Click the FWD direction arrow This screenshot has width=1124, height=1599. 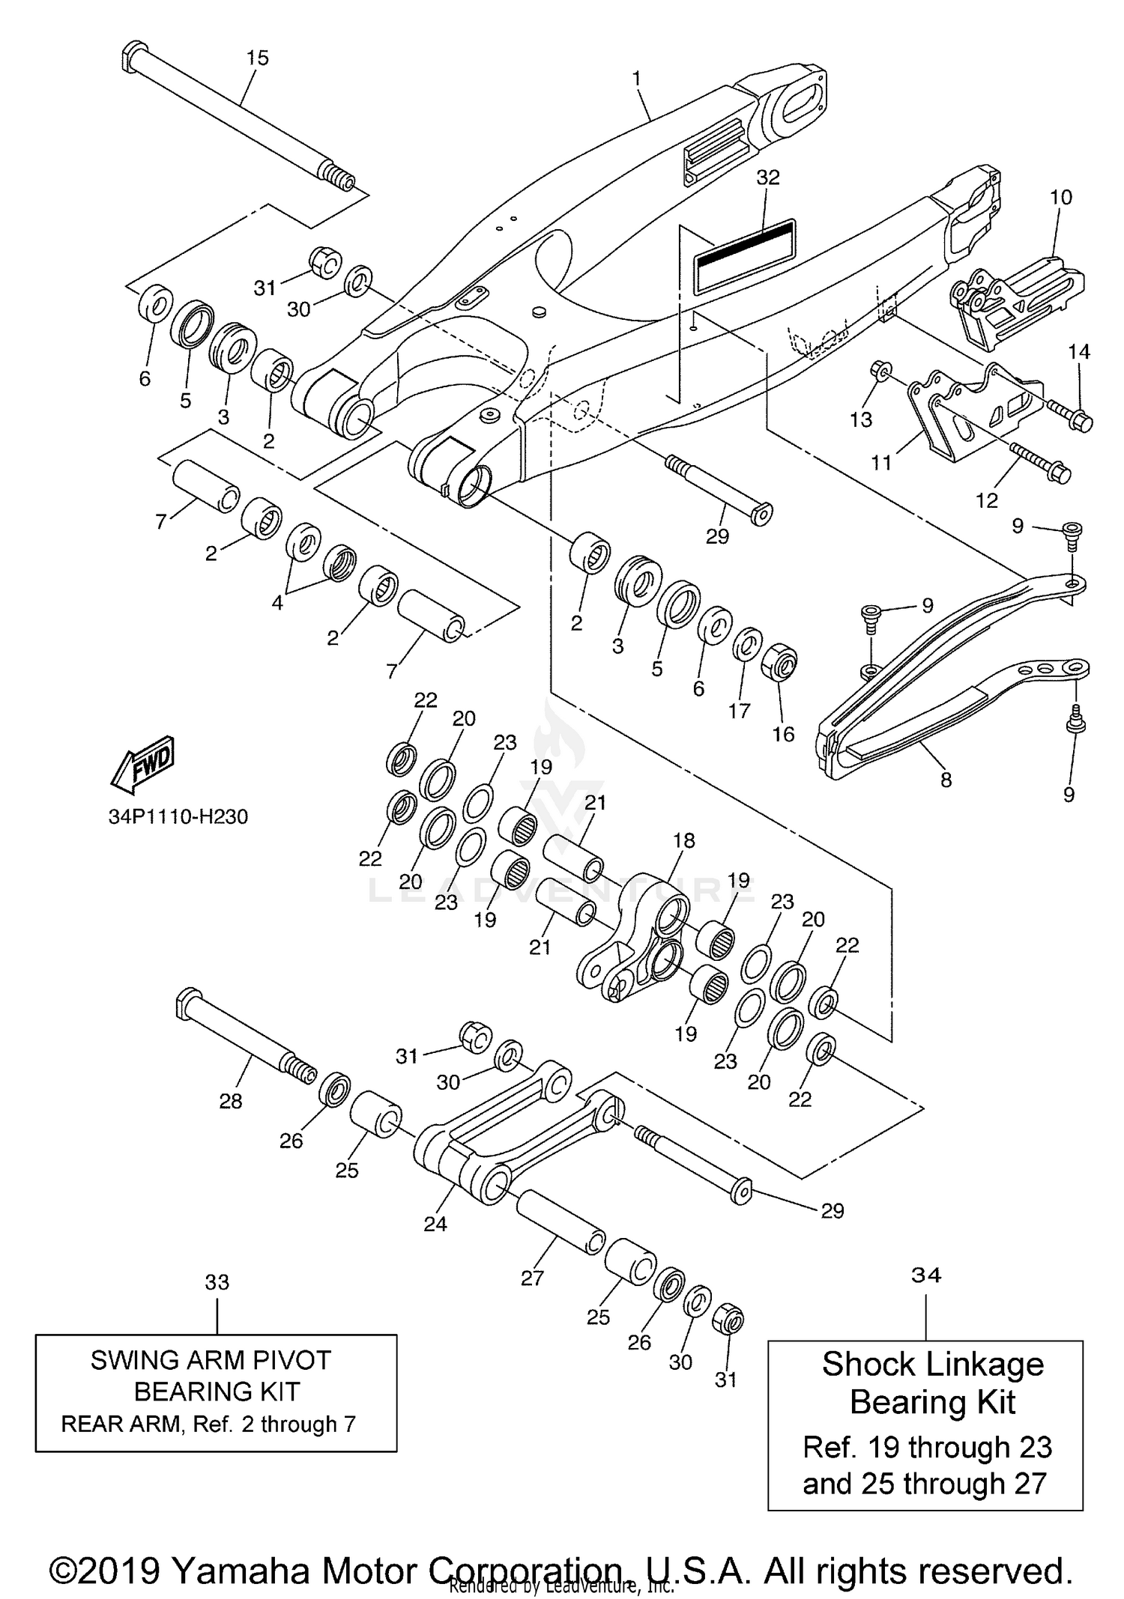pos(144,764)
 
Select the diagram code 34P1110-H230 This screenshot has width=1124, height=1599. pos(178,816)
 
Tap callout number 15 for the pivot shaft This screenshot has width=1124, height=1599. pos(257,58)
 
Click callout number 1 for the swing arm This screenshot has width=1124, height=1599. pos(637,79)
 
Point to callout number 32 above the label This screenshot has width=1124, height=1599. pos(768,178)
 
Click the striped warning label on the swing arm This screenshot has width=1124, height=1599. pos(745,255)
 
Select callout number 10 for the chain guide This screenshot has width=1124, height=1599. pos(1061,198)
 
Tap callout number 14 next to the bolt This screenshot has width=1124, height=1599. pos(1079,351)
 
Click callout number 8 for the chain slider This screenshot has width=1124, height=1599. pos(946,780)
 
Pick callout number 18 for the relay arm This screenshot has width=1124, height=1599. pos(684,840)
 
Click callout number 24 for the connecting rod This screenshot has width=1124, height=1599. pos(435,1224)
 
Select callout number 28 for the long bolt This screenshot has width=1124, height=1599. pos(231,1101)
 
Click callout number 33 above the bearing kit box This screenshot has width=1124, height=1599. pos(217,1282)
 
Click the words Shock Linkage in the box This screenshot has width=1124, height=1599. pos(932,1365)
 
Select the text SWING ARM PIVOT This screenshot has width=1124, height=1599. pos(211,1360)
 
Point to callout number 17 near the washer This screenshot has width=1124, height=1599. pos(740,710)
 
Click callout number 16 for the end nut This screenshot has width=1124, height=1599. pos(783,734)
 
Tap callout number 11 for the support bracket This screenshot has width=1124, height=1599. pos(882,463)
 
